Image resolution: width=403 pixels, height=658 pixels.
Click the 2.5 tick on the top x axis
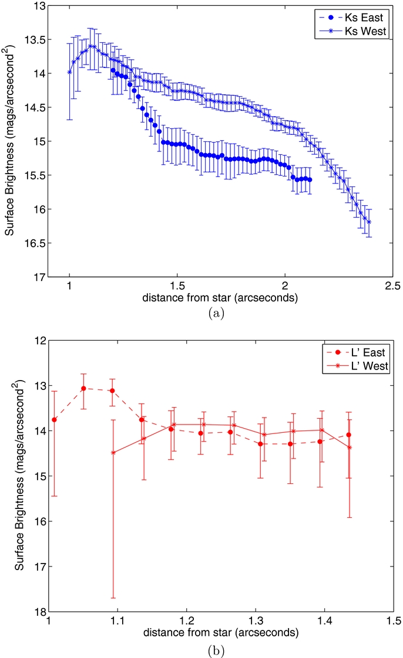click(x=392, y=286)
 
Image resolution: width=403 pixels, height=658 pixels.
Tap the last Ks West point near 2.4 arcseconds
click(x=369, y=222)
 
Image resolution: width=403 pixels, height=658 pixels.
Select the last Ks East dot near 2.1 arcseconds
click(x=310, y=179)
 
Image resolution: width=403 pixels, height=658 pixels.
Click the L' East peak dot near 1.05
click(x=83, y=388)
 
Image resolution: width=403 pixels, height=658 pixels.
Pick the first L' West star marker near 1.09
click(x=113, y=453)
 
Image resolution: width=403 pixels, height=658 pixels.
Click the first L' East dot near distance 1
click(x=54, y=419)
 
